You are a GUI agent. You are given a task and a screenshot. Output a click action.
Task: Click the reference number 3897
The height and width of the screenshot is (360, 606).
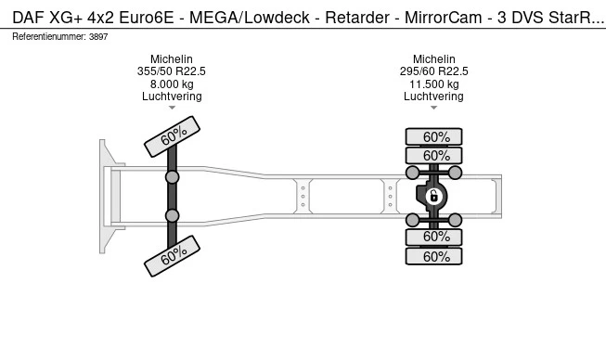[x=98, y=37]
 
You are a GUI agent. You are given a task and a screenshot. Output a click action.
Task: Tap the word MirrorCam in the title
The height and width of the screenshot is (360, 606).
[x=443, y=18]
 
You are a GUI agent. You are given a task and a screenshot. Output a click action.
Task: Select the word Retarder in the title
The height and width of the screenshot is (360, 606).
[x=357, y=18]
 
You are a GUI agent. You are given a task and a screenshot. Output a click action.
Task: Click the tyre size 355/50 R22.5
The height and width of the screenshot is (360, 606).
[x=171, y=71]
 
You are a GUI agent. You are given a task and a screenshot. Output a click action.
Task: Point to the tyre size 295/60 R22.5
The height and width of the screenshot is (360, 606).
[x=433, y=71]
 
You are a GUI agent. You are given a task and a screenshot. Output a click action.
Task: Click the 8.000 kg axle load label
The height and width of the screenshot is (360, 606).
[x=172, y=84]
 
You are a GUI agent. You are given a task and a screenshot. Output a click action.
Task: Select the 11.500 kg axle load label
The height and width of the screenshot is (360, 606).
[x=434, y=84]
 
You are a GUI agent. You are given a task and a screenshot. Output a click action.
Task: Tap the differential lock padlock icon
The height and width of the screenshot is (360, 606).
[x=433, y=196]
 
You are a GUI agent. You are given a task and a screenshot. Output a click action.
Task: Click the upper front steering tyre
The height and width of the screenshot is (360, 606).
[x=172, y=136]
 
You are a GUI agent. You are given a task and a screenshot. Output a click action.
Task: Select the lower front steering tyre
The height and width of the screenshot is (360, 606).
[x=172, y=256]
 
